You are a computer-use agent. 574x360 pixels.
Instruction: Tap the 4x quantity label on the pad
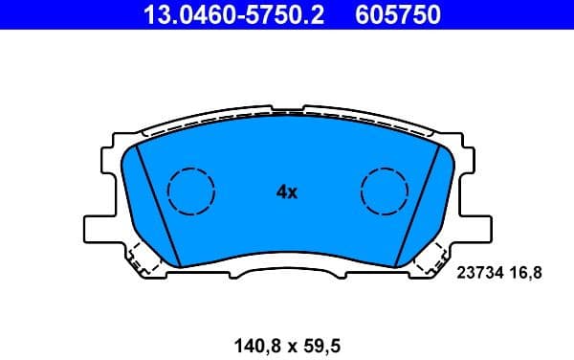click(287, 192)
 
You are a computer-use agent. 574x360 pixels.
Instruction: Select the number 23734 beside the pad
click(482, 273)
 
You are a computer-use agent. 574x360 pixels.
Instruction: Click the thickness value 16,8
click(528, 273)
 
